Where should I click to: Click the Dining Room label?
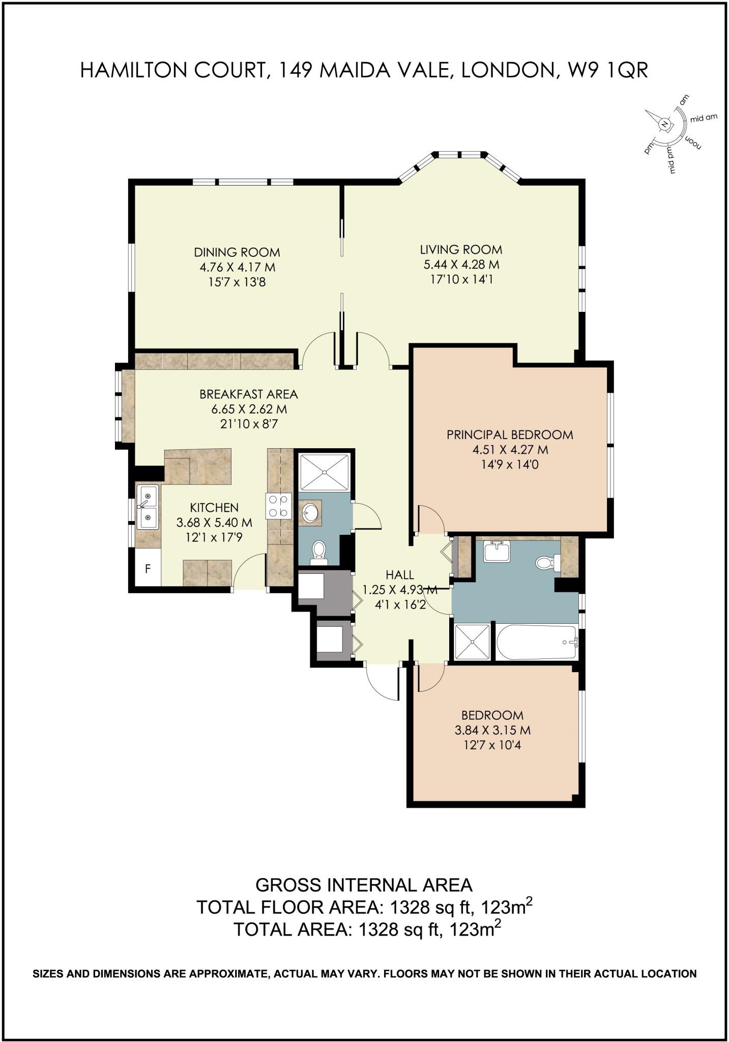(237, 252)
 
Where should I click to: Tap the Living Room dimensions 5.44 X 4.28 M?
(461, 265)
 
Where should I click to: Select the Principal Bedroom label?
(510, 435)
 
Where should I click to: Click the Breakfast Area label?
(248, 394)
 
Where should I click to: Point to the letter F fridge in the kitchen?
(148, 568)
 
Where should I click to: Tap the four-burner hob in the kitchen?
(279, 506)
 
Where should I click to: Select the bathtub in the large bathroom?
(537, 642)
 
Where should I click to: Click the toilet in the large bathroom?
(545, 563)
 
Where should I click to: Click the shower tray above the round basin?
(325, 473)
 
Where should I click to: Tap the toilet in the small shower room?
(319, 551)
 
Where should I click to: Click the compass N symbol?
(664, 124)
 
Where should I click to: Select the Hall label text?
(400, 575)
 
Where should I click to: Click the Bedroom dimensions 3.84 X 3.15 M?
(492, 730)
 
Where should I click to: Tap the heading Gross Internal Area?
(364, 885)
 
